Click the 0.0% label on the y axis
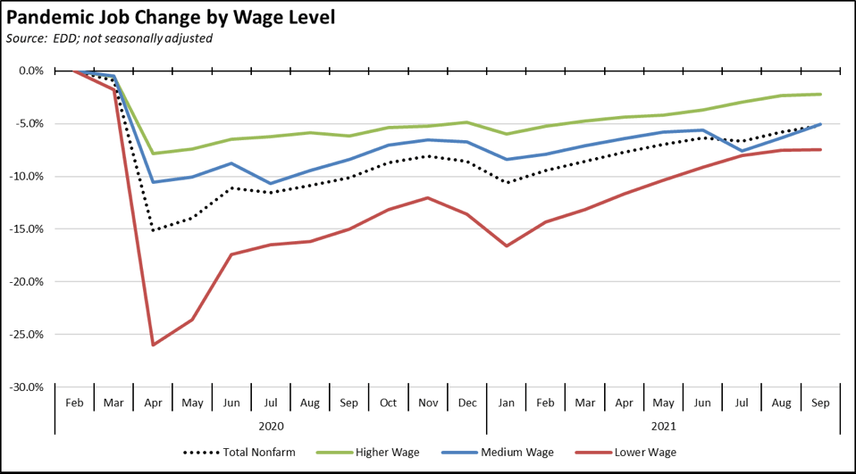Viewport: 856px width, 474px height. pyautogui.click(x=29, y=71)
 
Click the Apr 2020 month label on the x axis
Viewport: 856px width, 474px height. pyautogui.click(x=153, y=403)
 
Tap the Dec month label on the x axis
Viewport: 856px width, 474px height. pyautogui.click(x=467, y=403)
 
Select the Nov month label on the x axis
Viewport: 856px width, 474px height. pyautogui.click(x=428, y=403)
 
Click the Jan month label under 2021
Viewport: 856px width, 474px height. pyautogui.click(x=507, y=403)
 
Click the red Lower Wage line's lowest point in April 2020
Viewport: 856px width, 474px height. pyautogui.click(x=153, y=345)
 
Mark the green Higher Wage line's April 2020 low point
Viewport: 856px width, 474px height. pyautogui.click(x=153, y=154)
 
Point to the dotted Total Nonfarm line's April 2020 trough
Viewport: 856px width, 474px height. pyautogui.click(x=153, y=230)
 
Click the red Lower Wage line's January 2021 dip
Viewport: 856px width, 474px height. pyautogui.click(x=507, y=245)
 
